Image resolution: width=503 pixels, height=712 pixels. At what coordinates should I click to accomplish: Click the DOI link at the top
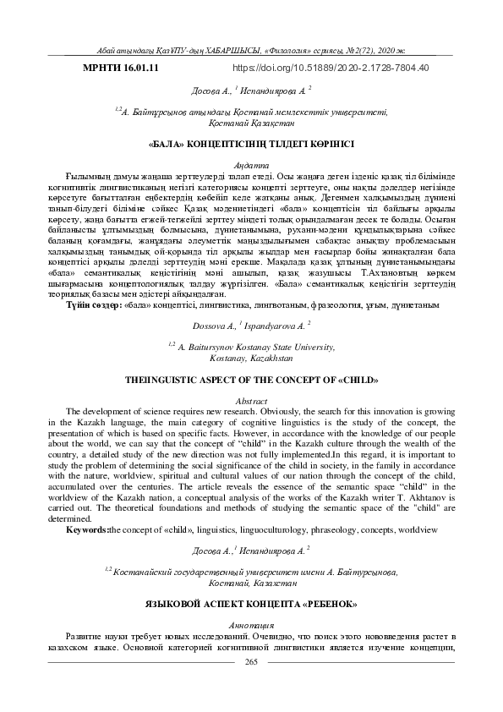[330, 67]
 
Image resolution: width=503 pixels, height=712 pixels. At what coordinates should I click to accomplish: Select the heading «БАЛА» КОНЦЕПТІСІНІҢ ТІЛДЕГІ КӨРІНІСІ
[251, 145]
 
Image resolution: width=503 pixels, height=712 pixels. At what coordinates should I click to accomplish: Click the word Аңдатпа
[251, 165]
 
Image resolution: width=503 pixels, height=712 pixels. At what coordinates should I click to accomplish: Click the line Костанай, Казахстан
[251, 583]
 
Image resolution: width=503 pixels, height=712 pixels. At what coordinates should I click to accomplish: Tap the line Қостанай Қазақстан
[251, 122]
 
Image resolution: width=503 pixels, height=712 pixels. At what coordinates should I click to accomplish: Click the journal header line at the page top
[251, 50]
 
